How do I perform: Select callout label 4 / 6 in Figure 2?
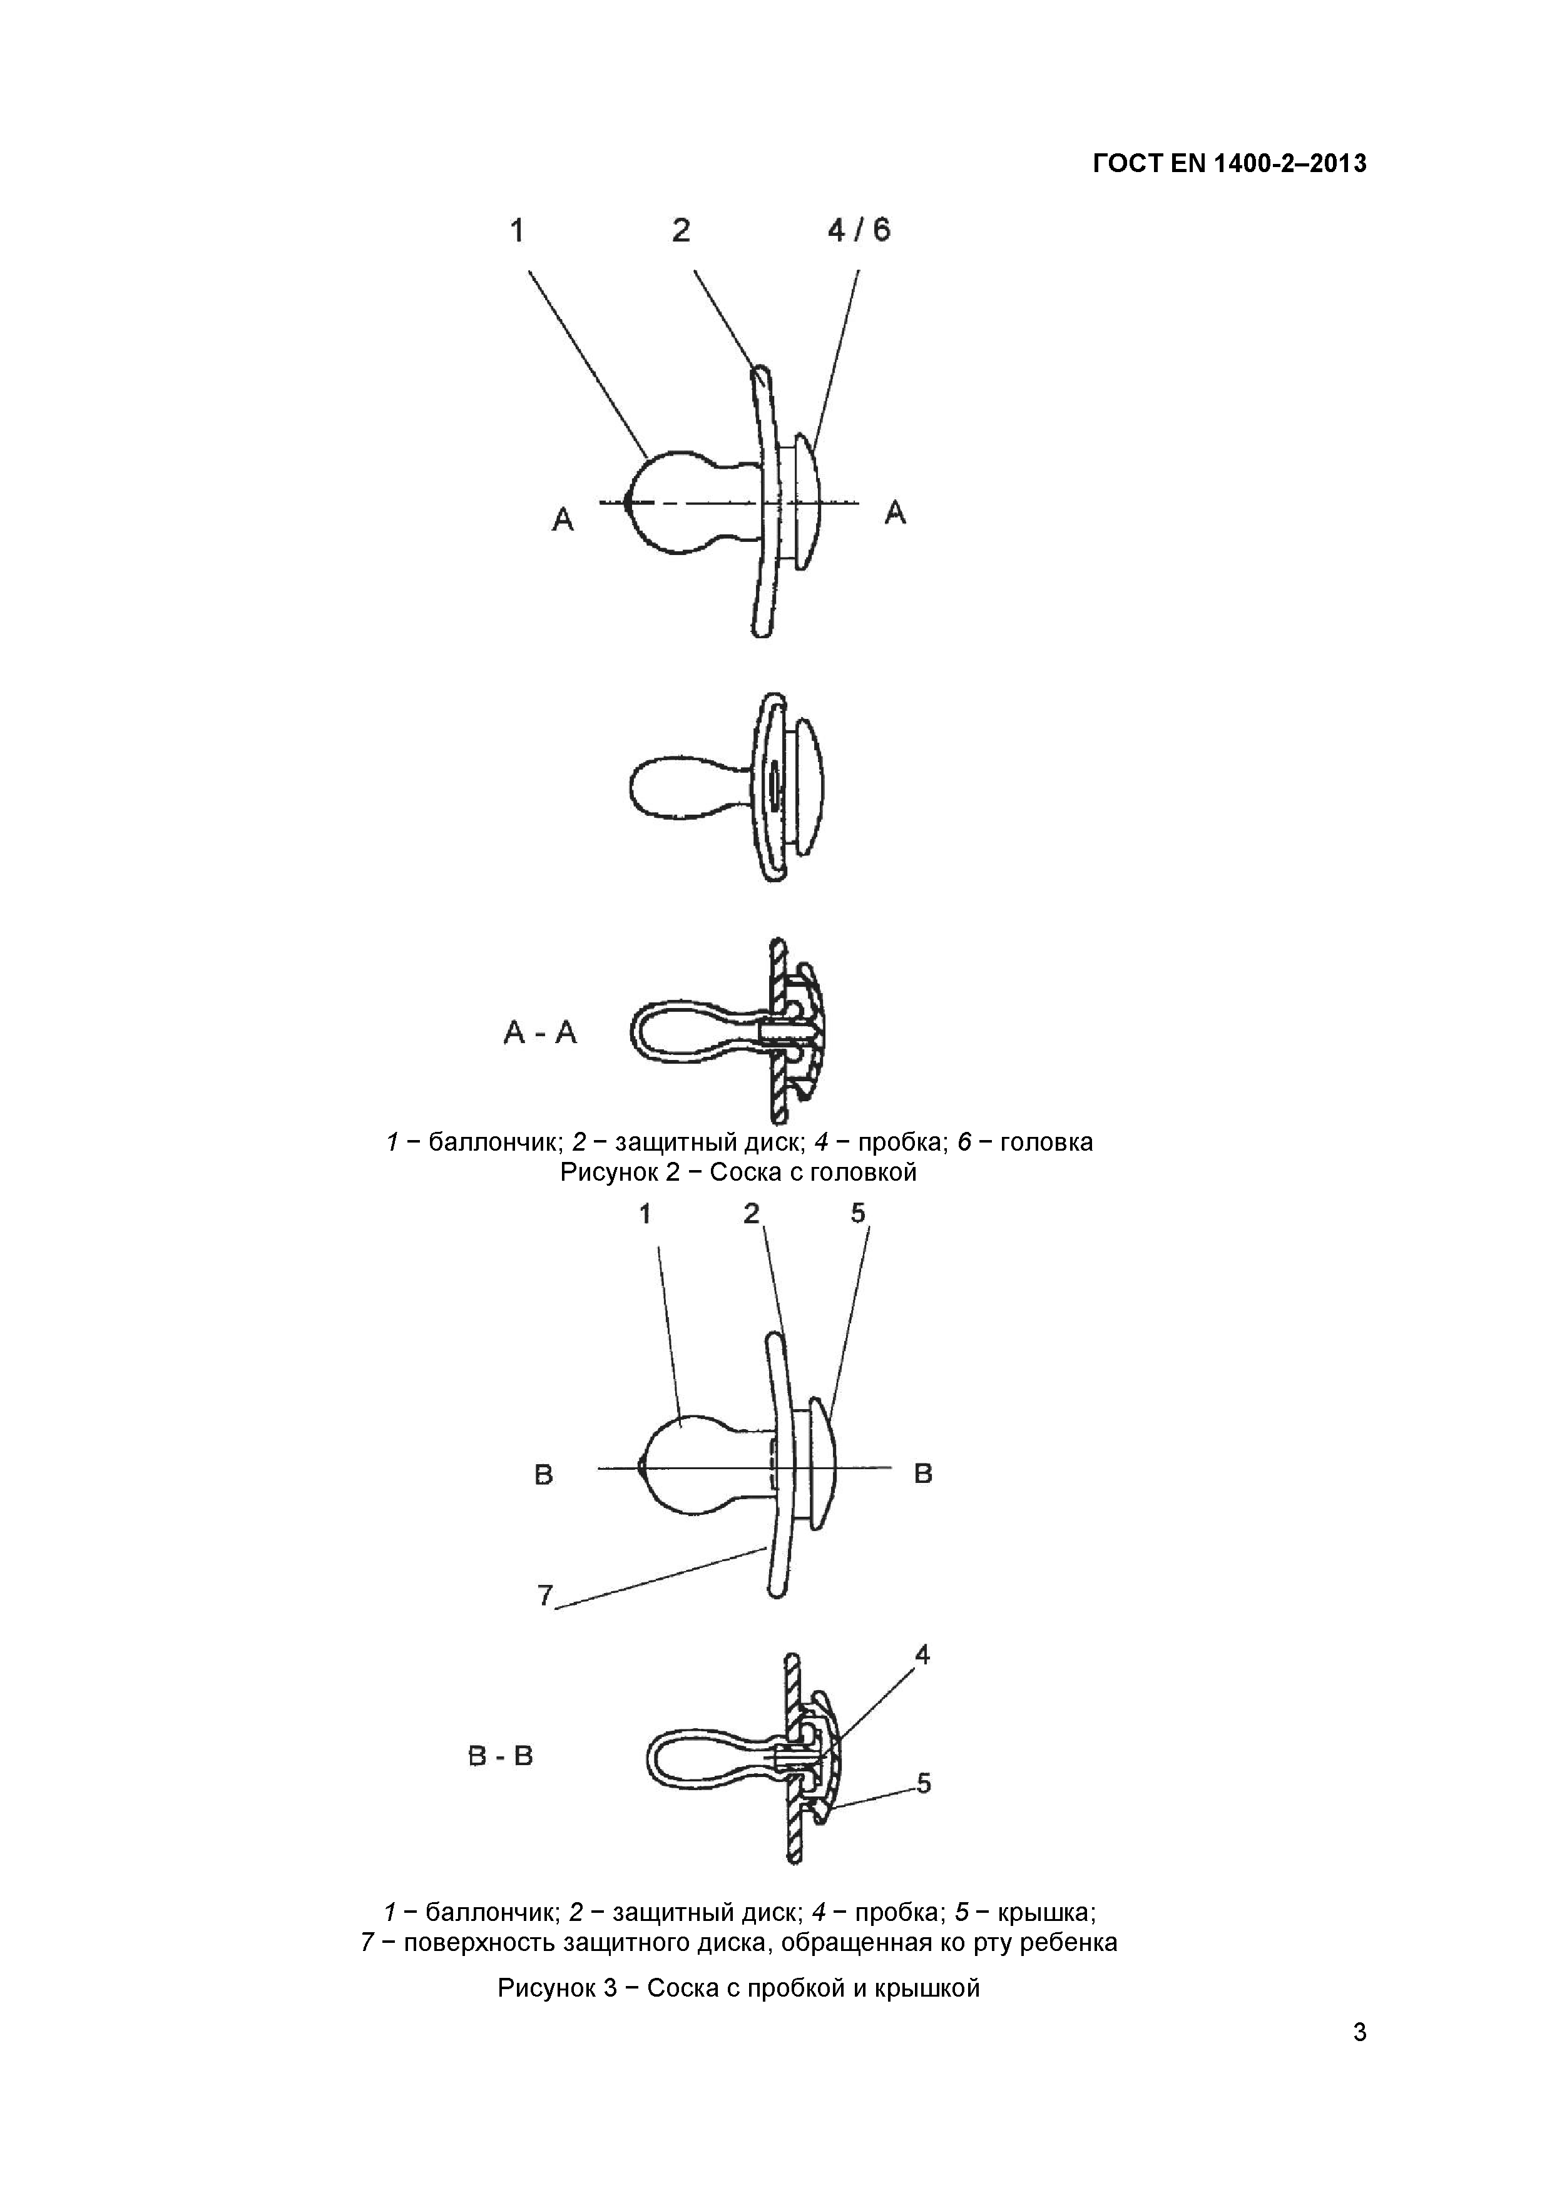(859, 230)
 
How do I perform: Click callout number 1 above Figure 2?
(518, 230)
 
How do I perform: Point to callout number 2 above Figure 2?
(681, 230)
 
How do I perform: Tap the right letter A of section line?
(895, 513)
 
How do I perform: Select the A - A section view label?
(540, 1032)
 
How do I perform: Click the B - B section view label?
(501, 1755)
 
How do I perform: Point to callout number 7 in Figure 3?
(545, 1594)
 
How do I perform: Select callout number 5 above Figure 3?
(858, 1213)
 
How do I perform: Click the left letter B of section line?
(543, 1475)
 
